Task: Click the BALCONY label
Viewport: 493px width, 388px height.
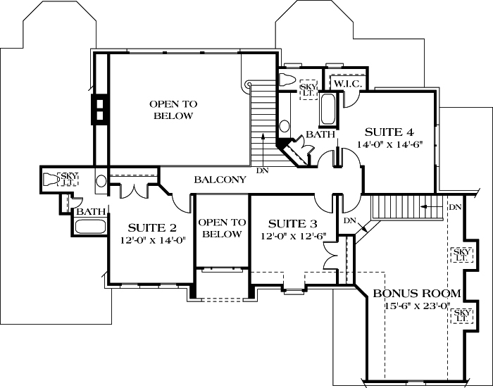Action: tap(220, 180)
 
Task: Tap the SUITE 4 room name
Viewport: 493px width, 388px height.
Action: tap(388, 132)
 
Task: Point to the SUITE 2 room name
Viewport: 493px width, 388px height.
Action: tap(151, 227)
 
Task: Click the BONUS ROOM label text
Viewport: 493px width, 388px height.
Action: tap(417, 293)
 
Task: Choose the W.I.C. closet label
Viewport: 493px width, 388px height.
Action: tap(347, 84)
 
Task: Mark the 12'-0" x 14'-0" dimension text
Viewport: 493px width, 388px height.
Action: tap(151, 240)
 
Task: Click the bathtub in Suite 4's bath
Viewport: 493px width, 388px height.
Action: tap(329, 108)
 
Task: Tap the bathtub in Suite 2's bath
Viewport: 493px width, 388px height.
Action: tap(89, 227)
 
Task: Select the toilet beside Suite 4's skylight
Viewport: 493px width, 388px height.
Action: tap(288, 79)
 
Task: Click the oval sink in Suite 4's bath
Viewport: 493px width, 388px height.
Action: tap(284, 127)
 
